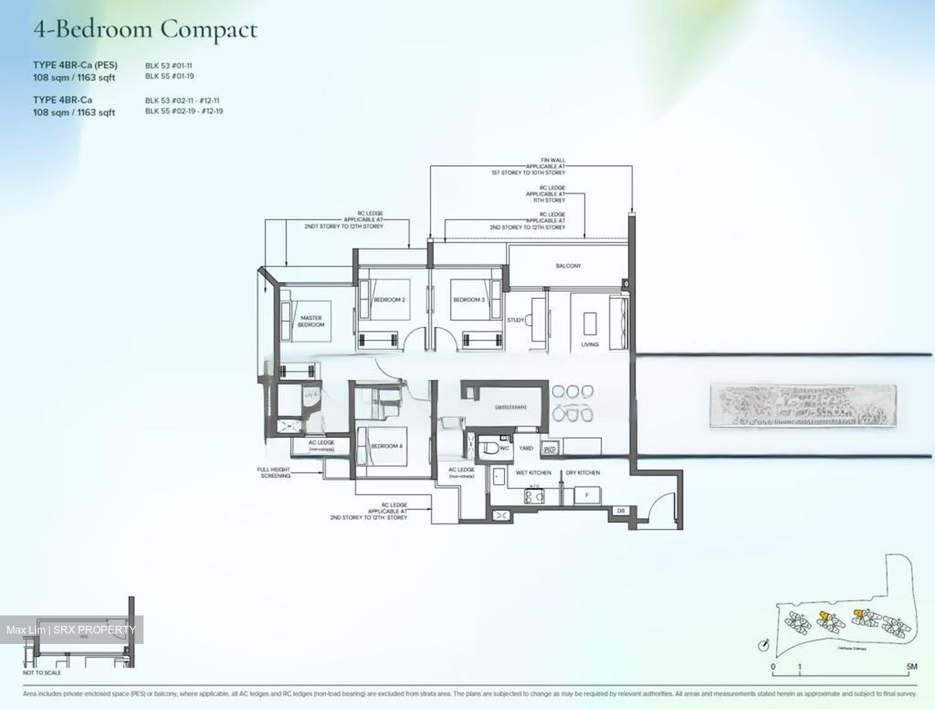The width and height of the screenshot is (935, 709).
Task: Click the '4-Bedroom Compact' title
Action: (x=145, y=29)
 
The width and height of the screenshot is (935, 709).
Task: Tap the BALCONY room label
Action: (x=568, y=266)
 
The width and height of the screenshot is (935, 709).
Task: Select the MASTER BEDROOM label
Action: (x=311, y=321)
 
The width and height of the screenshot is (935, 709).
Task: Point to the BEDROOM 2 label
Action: (x=390, y=300)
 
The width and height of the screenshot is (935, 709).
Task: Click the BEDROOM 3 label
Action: (x=468, y=300)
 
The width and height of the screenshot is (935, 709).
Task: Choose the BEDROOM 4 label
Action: (x=386, y=446)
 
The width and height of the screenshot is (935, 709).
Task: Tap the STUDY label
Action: (x=516, y=320)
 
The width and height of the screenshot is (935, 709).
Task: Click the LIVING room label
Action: (x=590, y=344)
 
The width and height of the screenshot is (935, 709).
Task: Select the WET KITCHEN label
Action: (x=533, y=472)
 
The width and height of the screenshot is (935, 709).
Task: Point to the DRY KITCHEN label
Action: (x=582, y=472)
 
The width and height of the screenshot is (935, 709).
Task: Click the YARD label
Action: (x=526, y=448)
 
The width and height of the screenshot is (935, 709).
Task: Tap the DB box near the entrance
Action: (x=621, y=511)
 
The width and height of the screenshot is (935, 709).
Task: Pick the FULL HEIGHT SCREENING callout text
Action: (x=274, y=472)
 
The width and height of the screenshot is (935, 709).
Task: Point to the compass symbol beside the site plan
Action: (x=764, y=645)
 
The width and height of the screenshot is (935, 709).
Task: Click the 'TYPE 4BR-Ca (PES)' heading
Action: (x=75, y=65)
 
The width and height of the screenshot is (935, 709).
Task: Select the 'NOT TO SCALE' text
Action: (x=42, y=673)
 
